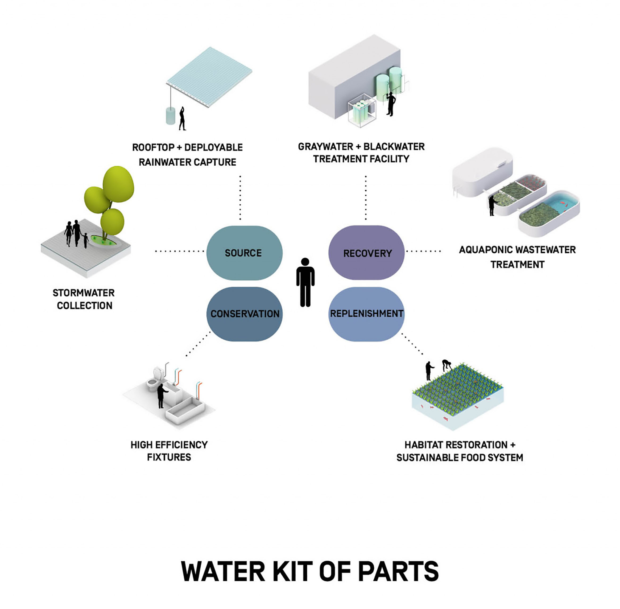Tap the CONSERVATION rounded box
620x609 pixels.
[244, 314]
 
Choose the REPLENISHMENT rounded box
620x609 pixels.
[366, 314]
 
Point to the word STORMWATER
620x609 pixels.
[84, 293]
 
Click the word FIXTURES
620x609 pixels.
[169, 457]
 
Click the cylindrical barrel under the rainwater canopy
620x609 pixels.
[170, 116]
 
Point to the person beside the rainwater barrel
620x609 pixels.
[182, 119]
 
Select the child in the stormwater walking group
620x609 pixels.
[85, 240]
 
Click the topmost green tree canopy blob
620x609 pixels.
[118, 184]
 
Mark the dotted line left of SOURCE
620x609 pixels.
[179, 252]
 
